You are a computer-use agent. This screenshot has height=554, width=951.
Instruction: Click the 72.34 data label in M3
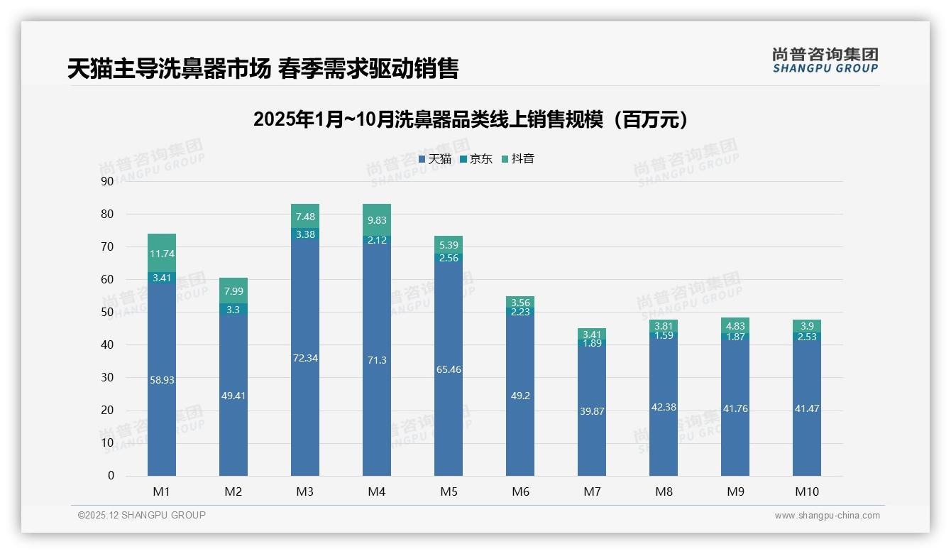305,358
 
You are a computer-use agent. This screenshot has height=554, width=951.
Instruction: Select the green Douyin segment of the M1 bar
162,252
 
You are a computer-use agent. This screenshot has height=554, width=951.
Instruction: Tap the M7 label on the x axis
592,491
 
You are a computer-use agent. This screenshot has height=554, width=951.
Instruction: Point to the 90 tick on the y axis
107,181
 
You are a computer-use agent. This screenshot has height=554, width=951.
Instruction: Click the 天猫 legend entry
435,159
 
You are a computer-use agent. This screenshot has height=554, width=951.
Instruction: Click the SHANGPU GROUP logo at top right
825,60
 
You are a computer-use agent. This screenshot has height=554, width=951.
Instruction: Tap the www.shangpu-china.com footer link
827,516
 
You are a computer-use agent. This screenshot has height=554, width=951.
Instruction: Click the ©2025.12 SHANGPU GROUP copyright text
142,516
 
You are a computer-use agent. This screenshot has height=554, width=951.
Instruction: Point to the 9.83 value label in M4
377,220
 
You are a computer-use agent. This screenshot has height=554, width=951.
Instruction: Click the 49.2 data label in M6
520,396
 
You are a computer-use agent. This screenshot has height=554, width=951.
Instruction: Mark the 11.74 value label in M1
162,254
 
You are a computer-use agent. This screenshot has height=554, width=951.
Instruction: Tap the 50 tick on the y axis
107,312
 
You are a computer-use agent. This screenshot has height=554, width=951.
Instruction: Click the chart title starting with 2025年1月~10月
471,119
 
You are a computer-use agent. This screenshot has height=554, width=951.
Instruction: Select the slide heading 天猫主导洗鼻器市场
263,69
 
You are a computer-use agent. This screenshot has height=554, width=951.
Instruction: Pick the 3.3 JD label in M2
233,310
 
